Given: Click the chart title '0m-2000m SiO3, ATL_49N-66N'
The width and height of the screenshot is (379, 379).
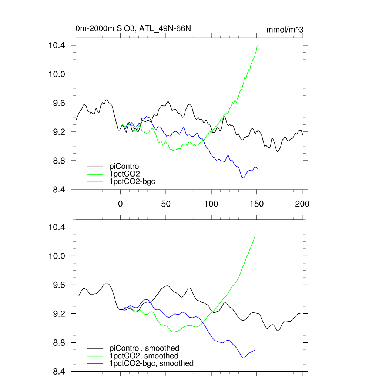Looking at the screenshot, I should point(133,28).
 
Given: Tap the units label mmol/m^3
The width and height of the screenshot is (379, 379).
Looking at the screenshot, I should point(285,29).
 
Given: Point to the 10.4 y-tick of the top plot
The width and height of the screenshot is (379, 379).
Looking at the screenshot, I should point(57,45).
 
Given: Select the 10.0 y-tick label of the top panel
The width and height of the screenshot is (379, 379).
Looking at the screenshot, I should point(57,74).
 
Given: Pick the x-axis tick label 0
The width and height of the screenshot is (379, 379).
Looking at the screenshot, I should point(120,204).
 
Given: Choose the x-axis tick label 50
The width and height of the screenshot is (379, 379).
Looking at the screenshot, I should point(166,204).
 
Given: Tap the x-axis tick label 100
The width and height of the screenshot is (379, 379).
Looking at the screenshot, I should point(211,204).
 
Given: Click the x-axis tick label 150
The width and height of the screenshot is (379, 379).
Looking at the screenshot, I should point(257,204).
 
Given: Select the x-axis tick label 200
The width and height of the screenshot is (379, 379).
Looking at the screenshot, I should point(302,204).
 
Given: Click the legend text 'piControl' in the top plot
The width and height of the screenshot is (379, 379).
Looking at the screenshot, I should point(125,166).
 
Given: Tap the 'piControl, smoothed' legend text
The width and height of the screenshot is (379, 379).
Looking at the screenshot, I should point(144,348).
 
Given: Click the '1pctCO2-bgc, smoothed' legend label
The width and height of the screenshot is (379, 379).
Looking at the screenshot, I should point(151,363).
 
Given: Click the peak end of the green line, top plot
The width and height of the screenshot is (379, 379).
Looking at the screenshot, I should point(257,46).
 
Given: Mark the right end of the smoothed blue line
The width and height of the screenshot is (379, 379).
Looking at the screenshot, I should point(255,350).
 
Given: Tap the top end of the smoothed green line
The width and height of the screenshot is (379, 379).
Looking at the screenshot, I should point(255,237).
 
